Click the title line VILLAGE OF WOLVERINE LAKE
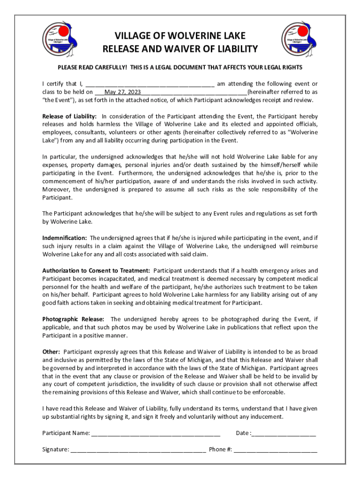coord(180,36)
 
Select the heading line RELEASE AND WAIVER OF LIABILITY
coord(180,49)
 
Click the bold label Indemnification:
coord(65,238)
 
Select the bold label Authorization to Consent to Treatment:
coord(96,271)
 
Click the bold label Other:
coord(51,352)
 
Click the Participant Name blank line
coord(156,433)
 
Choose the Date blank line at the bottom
coord(284,433)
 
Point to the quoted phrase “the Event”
coord(56,100)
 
